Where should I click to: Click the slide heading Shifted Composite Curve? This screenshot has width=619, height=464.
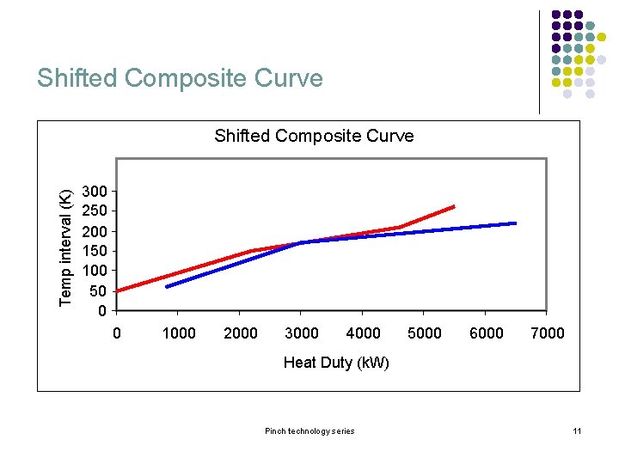(x=180, y=78)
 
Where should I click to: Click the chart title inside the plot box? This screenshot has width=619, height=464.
(x=314, y=136)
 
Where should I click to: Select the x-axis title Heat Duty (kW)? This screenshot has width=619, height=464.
(x=336, y=363)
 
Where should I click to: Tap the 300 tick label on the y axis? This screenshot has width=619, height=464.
(x=94, y=191)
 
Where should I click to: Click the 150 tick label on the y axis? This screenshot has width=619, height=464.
(x=94, y=251)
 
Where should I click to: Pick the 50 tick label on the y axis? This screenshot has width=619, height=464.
(x=98, y=290)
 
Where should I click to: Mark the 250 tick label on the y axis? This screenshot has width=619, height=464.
(x=94, y=211)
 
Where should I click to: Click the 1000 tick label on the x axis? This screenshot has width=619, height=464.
(x=179, y=333)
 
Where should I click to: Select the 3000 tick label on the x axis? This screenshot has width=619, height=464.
(x=301, y=333)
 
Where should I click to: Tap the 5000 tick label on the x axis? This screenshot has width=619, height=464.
(x=424, y=333)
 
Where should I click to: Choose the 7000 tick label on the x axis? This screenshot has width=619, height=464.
(x=547, y=333)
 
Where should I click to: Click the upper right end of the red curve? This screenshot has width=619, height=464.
(x=453, y=206)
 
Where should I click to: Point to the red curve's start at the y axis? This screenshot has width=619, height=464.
(x=118, y=290)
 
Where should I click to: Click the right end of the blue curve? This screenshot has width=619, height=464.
(x=514, y=223)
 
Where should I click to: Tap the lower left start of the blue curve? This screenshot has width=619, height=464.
(x=168, y=286)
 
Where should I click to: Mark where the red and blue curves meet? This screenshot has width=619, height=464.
(x=301, y=242)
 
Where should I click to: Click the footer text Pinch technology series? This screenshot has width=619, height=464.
(x=309, y=430)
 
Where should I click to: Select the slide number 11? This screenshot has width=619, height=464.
(x=577, y=430)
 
